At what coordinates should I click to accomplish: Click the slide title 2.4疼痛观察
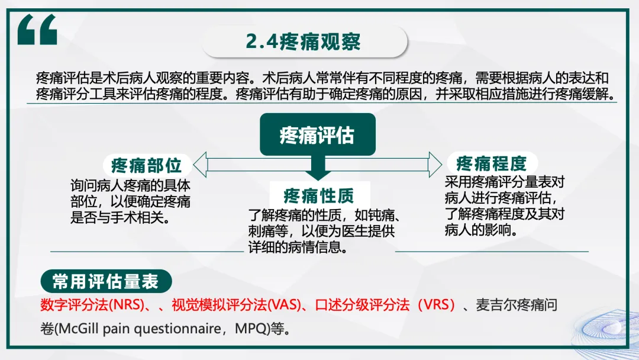(303, 41)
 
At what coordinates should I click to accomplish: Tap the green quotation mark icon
(37, 29)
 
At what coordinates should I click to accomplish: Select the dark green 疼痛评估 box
(318, 134)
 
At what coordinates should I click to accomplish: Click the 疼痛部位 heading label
(146, 165)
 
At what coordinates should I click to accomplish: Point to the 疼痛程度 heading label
(491, 163)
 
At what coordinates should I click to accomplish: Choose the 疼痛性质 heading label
(319, 195)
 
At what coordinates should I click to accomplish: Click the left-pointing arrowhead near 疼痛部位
(200, 165)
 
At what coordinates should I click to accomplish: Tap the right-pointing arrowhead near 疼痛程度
(435, 165)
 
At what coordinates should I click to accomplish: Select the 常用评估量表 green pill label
(106, 281)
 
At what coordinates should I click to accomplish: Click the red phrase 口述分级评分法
(362, 305)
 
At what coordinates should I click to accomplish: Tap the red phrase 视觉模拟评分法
(219, 305)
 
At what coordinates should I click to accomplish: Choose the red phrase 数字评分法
(74, 305)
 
